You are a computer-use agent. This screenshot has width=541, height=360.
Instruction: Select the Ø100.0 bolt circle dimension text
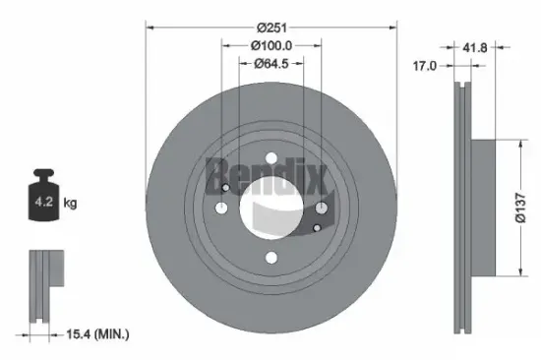[271, 45]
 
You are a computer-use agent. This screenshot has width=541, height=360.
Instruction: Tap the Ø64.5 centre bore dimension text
[271, 64]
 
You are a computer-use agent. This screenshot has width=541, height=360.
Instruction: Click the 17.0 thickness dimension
[425, 67]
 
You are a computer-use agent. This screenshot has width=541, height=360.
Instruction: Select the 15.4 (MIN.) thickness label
[98, 335]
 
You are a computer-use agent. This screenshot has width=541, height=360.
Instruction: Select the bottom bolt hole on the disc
[271, 258]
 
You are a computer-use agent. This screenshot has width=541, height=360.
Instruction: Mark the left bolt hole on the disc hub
[221, 208]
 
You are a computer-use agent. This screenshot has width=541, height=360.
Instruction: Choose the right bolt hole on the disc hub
[322, 208]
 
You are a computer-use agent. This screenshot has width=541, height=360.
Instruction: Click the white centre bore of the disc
[271, 208]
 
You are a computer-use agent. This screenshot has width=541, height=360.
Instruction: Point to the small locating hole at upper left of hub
[226, 189]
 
